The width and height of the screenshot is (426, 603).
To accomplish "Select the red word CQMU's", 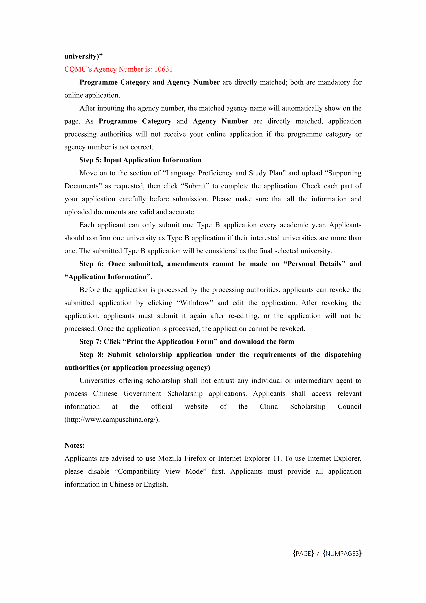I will pyautogui.click(x=78, y=69).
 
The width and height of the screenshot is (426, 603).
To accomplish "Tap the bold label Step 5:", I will pyautogui.click(x=90, y=160).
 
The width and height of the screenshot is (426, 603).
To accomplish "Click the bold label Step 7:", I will pyautogui.click(x=90, y=342).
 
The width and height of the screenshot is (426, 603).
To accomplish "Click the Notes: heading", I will pyautogui.click(x=74, y=445).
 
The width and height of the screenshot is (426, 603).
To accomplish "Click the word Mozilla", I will pyautogui.click(x=170, y=458).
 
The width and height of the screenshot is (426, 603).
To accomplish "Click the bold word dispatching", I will pyautogui.click(x=343, y=355).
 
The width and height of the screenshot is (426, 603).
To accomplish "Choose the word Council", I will pyautogui.click(x=349, y=407).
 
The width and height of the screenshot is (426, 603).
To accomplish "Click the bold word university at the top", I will pyautogui.click(x=80, y=56).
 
